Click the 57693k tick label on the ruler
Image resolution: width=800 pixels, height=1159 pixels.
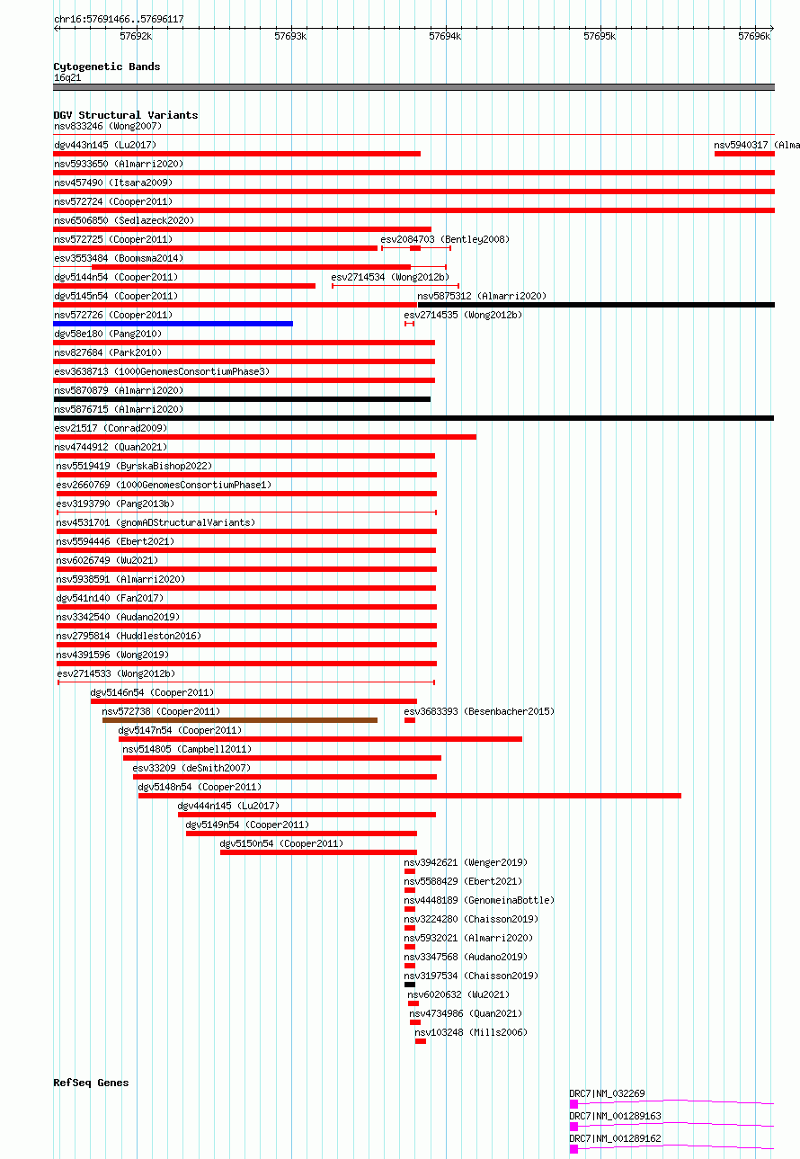290,36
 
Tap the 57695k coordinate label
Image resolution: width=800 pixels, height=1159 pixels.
600,36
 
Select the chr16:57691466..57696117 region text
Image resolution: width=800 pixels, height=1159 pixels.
119,19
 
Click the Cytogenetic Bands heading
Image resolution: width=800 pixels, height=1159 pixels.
107,67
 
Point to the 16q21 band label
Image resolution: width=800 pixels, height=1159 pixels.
67,77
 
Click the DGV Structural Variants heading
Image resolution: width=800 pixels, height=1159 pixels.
126,115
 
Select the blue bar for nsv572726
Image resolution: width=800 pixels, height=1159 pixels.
173,324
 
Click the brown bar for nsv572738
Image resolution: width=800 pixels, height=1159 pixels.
240,720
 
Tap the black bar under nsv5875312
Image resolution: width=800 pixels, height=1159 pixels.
596,305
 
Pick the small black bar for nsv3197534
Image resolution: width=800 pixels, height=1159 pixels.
410,985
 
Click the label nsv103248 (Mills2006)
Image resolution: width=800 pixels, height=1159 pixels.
471,1032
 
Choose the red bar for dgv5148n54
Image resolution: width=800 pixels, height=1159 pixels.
410,796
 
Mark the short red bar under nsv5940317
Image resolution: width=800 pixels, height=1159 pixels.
744,154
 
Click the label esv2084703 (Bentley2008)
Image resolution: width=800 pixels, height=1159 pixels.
445,239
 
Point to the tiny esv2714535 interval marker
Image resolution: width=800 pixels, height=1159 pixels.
409,324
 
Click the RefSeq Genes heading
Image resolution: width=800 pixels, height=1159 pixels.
91,1083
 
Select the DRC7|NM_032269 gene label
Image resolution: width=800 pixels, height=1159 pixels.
607,1093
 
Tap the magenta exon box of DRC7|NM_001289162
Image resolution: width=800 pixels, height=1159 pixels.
573,1149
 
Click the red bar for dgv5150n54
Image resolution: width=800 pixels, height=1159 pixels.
318,852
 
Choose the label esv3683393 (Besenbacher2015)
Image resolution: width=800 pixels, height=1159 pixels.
479,711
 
